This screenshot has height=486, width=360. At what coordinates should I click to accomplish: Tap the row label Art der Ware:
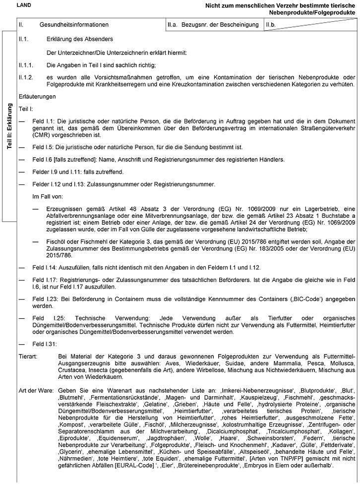(35, 391)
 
